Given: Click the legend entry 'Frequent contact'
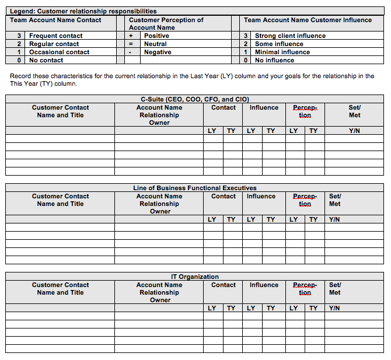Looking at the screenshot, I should click(56, 36).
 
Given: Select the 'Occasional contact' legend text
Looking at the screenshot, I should click(60, 52).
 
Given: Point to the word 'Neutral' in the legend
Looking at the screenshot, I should click(156, 44).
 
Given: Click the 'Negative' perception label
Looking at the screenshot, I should click(158, 52).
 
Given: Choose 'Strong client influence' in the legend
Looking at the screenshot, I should click(290, 36).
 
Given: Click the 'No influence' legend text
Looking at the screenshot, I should click(274, 60).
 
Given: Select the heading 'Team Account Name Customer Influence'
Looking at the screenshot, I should click(308, 20).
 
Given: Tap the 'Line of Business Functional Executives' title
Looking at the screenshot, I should click(195, 188).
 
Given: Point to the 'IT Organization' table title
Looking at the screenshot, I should click(195, 277).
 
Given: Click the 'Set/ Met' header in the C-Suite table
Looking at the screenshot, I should click(354, 111).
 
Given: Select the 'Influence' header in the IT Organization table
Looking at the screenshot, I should click(264, 285).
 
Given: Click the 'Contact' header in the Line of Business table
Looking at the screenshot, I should click(224, 196).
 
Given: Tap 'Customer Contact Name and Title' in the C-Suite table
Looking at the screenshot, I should click(60, 111).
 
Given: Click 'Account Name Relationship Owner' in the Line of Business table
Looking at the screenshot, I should click(159, 204).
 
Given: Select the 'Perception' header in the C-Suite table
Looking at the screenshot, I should click(305, 111).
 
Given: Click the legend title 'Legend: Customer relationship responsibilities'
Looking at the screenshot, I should click(83, 11).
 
